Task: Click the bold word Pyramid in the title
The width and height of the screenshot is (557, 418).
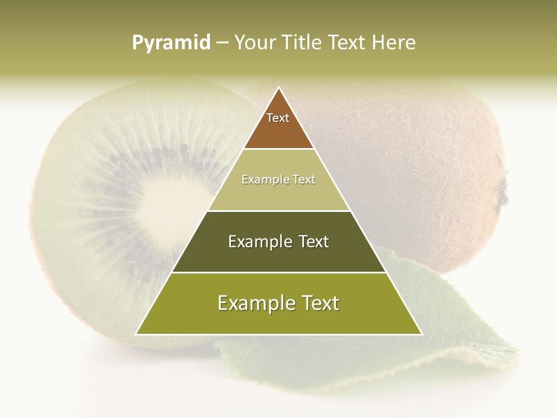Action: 171,42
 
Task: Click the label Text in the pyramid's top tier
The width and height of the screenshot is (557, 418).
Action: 278,118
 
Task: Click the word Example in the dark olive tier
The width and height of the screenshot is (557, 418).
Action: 258,242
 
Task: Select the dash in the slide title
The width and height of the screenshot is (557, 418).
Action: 222,42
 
